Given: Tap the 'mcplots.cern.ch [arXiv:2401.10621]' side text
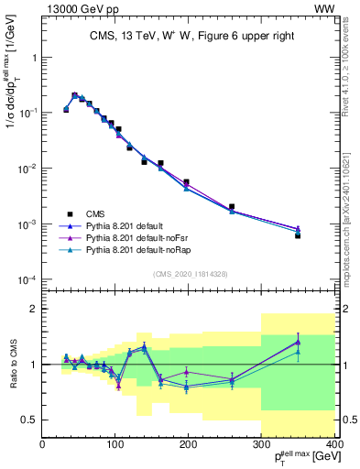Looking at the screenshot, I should [352, 206].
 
